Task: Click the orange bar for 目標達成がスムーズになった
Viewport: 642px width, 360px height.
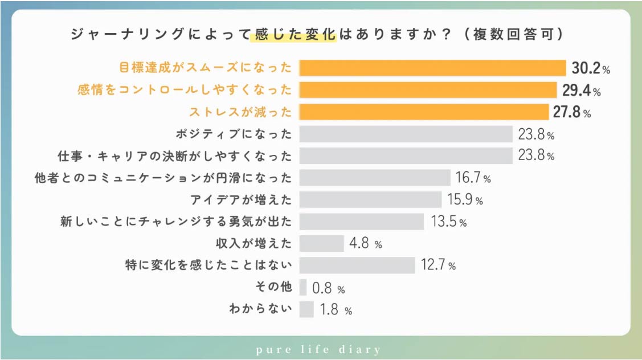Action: point(432,68)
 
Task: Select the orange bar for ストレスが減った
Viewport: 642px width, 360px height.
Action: point(423,112)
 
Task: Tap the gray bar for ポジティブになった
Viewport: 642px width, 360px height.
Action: point(406,134)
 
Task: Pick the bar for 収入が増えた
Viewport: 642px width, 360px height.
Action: point(321,243)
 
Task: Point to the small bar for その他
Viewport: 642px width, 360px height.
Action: point(303,288)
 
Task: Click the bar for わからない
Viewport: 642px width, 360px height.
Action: point(306,309)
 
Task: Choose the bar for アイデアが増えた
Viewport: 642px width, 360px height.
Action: point(370,199)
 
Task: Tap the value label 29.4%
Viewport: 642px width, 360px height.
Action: point(581,91)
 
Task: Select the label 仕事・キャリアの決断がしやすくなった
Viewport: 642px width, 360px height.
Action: point(175,156)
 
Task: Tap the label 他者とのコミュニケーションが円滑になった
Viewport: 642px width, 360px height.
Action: point(163,178)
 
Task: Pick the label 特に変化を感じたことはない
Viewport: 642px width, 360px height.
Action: point(209,265)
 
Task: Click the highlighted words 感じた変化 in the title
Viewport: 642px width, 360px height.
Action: point(293,35)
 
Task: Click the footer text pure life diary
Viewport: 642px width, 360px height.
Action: point(321,349)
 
